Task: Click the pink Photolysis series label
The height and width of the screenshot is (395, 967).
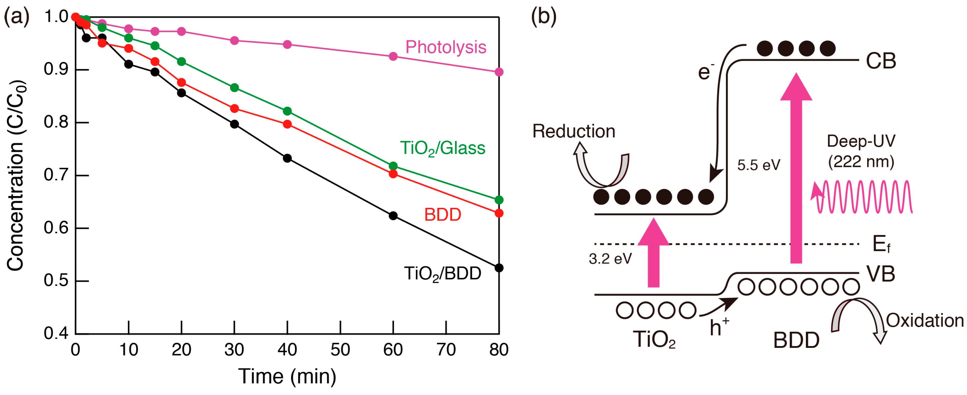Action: point(445,47)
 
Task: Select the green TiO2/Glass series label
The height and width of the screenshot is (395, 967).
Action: point(442,148)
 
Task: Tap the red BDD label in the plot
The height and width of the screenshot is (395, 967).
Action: point(442,215)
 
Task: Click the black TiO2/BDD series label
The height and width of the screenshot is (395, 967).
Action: point(442,274)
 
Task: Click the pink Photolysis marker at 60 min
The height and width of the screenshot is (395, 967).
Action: point(393,56)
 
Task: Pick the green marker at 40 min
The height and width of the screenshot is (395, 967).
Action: point(287,111)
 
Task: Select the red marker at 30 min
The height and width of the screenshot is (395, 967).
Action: point(234,109)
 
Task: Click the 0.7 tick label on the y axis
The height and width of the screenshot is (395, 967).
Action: point(56,175)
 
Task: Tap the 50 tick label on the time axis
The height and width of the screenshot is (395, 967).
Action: point(340,350)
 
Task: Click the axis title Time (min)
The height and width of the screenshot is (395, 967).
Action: point(287,376)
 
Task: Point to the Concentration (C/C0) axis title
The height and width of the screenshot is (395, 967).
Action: point(16,175)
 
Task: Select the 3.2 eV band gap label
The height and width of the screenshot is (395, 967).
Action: point(610,259)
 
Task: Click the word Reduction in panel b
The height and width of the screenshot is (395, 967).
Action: point(574,131)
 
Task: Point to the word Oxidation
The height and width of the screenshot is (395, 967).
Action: point(925,321)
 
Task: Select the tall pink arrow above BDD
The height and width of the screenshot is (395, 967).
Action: point(796,169)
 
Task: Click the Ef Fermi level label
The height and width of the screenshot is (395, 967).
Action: point(881,244)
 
